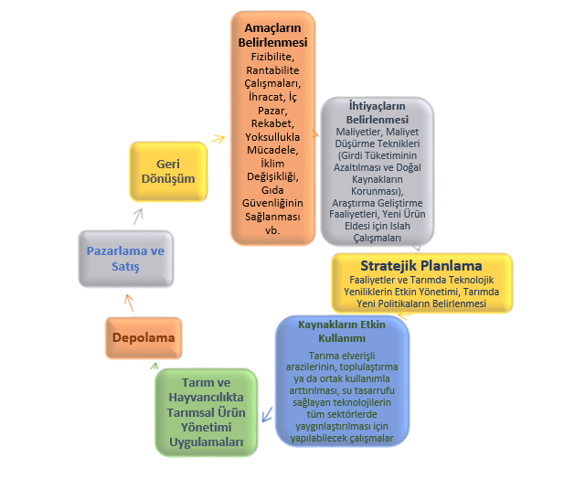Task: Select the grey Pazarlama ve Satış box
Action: pos(124,259)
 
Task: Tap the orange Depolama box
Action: pos(144,336)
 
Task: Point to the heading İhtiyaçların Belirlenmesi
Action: pos(378,112)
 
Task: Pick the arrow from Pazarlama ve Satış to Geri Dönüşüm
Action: pos(139,216)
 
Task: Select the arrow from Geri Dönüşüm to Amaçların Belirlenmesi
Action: pos(218,139)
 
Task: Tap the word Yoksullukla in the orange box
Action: pos(272,137)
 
